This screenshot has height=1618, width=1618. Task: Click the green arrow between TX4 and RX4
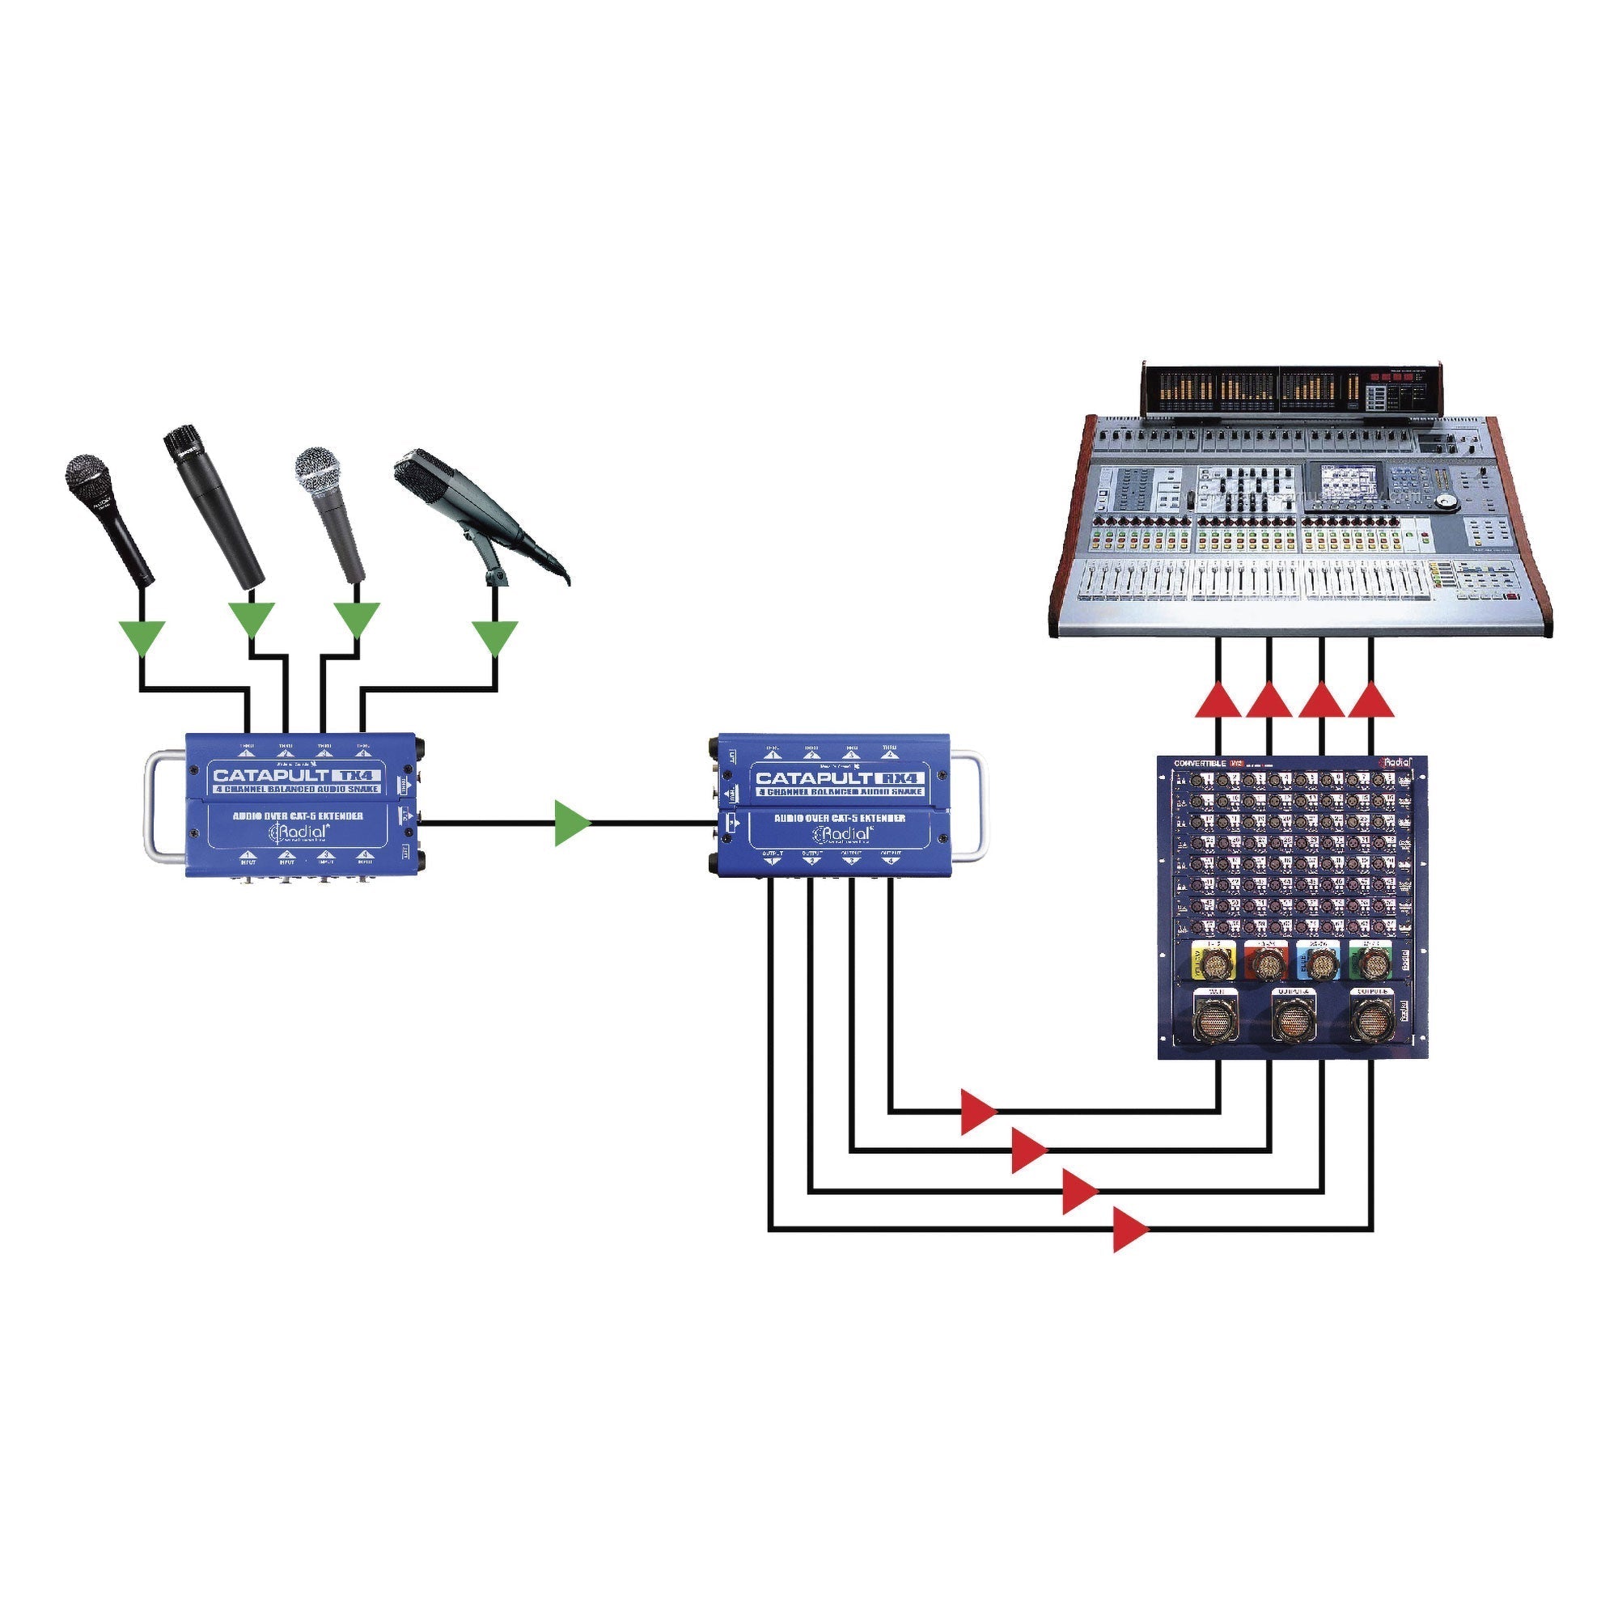(572, 824)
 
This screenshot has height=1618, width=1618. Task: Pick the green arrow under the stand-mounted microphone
(495, 638)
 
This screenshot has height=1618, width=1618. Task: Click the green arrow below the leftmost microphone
(142, 638)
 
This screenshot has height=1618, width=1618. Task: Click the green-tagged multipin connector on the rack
(1373, 963)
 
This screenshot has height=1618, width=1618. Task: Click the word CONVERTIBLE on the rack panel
(1199, 763)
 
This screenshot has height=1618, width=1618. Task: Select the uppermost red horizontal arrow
(977, 1112)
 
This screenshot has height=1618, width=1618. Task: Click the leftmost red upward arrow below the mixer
(1218, 700)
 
